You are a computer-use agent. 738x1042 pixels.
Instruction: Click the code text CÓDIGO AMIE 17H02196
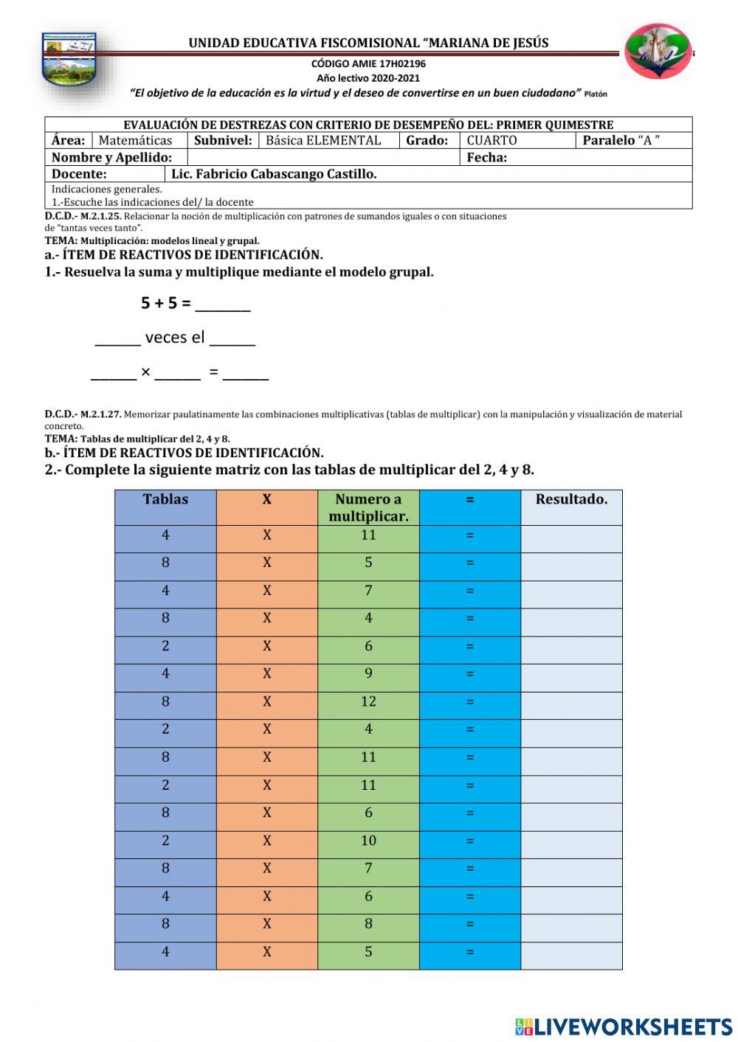(x=368, y=63)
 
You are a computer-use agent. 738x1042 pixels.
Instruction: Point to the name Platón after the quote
(x=595, y=94)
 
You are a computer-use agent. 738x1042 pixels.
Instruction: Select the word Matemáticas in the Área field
(x=135, y=140)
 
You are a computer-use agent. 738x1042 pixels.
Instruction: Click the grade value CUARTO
(x=492, y=140)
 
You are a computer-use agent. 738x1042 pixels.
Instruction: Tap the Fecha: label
(x=486, y=157)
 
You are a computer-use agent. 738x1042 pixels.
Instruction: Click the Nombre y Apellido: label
(x=111, y=157)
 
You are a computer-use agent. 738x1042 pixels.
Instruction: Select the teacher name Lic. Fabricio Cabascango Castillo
(x=274, y=174)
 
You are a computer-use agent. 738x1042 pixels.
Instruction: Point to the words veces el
(x=175, y=338)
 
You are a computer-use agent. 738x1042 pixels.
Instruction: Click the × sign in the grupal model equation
(x=145, y=372)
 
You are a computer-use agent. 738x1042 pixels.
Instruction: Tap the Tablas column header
(x=165, y=499)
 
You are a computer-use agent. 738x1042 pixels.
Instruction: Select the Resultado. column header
(x=571, y=499)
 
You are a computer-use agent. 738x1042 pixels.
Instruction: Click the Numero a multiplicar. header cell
(x=368, y=507)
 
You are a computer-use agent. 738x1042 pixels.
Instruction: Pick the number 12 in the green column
(x=368, y=701)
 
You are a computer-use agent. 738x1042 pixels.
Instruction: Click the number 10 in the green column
(x=368, y=841)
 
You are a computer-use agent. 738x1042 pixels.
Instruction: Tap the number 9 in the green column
(x=368, y=673)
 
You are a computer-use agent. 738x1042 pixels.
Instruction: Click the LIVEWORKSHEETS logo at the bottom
(x=624, y=1027)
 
